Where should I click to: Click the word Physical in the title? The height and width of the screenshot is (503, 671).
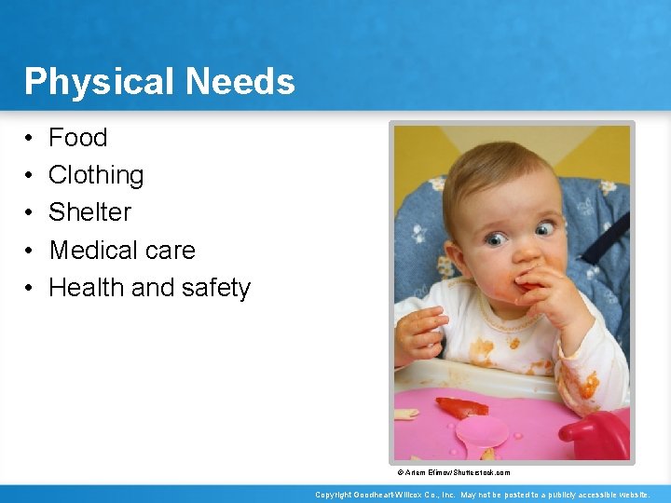click(x=100, y=82)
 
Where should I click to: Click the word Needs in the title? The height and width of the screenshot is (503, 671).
click(x=240, y=82)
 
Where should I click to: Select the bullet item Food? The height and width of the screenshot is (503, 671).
click(x=77, y=138)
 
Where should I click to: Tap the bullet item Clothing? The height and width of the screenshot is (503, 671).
click(x=96, y=175)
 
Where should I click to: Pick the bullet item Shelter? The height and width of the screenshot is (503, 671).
click(x=89, y=212)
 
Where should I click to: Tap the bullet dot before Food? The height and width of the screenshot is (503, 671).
click(x=30, y=139)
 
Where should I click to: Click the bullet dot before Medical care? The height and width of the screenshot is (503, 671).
click(x=30, y=251)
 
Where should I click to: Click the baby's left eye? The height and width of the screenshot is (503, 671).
click(x=543, y=229)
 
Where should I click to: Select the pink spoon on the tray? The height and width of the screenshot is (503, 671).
click(x=483, y=432)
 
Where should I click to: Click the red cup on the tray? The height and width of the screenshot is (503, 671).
click(x=597, y=433)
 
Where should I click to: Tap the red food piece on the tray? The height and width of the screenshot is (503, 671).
click(x=462, y=407)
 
